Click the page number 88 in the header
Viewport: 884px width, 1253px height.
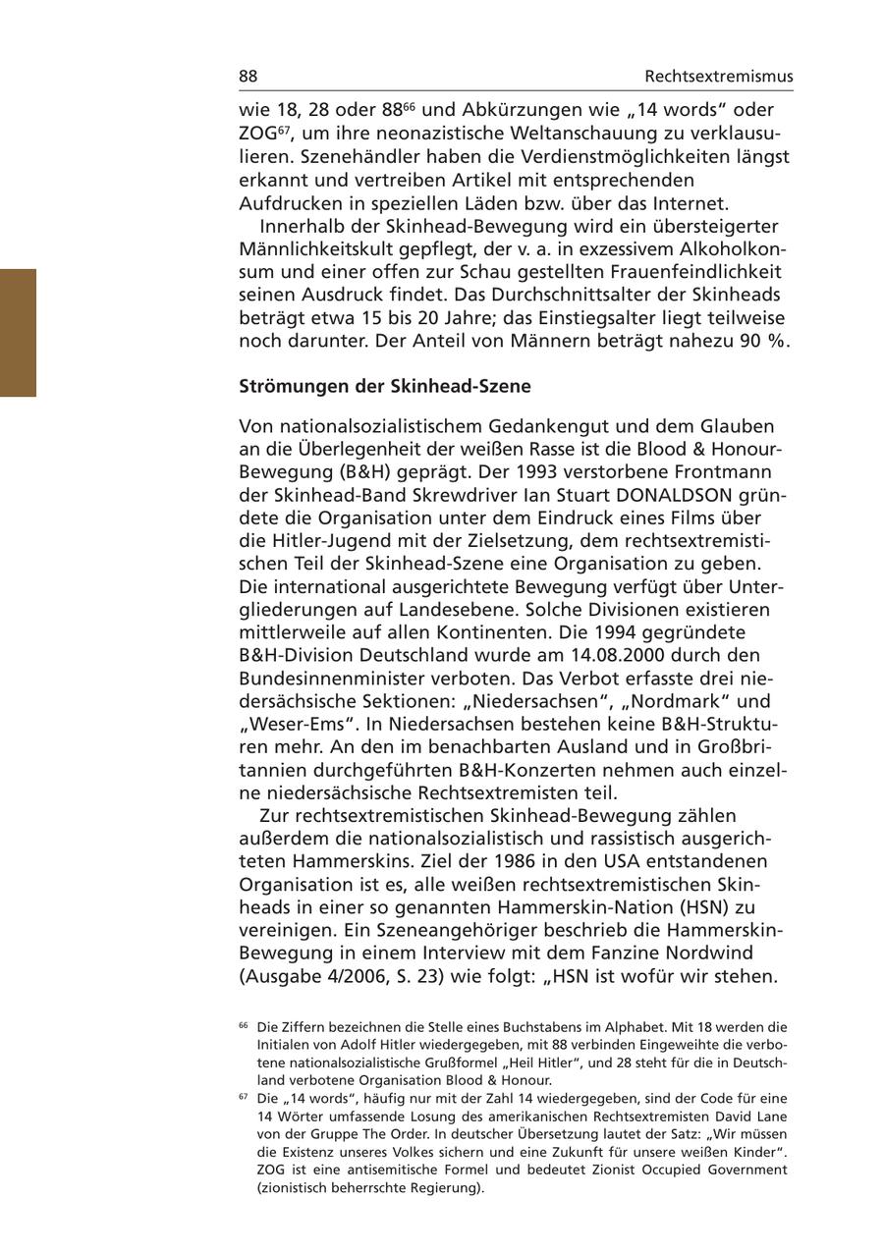pos(249,77)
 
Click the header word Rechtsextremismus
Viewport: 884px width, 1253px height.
pos(719,77)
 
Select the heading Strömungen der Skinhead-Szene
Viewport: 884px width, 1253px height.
pos(385,386)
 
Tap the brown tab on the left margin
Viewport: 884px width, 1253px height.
pos(18,332)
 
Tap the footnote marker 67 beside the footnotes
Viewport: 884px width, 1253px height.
pos(243,1097)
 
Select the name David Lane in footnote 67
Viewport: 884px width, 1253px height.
pos(753,1117)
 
